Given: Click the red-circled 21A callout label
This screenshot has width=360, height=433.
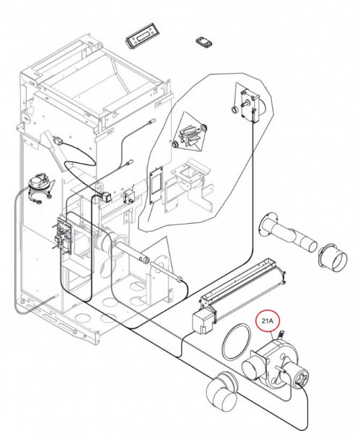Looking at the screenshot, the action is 267,321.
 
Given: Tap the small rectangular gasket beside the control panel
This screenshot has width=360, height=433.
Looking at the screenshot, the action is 205,43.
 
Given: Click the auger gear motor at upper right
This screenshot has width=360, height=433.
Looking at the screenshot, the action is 250,105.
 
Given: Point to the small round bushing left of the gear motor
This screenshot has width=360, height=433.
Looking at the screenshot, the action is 235,110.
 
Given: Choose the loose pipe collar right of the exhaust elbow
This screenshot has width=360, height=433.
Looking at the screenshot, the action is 333,257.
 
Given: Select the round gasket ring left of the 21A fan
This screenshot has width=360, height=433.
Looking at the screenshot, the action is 237,341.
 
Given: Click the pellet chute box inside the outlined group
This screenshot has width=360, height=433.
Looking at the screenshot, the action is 190,177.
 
